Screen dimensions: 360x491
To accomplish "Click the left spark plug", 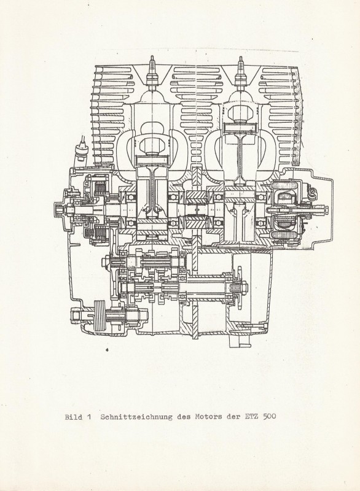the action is click(152, 72).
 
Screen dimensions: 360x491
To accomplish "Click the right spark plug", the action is click(241, 72).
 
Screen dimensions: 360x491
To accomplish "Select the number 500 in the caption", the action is click(269, 417).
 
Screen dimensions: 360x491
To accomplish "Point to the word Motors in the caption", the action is click(209, 417).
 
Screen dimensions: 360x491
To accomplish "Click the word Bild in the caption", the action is click(73, 417).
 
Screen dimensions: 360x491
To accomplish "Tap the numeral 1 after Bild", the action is click(89, 417).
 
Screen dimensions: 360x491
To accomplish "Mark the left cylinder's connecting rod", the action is click(152, 191).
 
